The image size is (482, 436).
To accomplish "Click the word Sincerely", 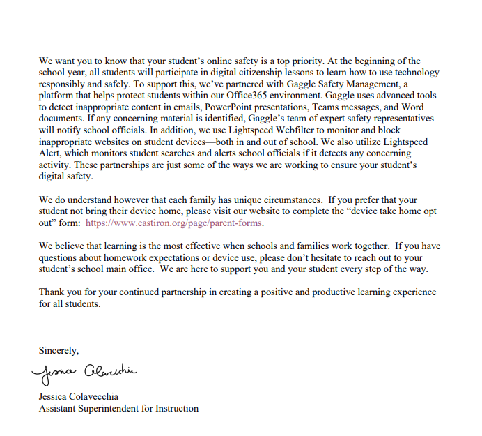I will [x=59, y=351].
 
